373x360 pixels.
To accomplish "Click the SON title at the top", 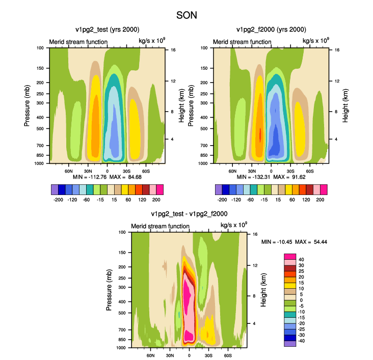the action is (186, 15).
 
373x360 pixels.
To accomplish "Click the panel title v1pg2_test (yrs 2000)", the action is (108, 30).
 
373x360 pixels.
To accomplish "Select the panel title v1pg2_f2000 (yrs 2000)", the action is (271, 30).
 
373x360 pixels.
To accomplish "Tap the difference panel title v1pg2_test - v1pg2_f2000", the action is (189, 214).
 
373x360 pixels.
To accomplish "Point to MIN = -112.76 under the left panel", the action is (90, 177).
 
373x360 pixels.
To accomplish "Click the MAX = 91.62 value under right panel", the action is (289, 177).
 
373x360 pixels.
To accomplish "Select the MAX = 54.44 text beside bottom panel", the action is (311, 242).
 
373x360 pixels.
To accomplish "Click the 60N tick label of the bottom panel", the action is (150, 355).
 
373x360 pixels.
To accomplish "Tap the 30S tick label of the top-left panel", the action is (126, 171).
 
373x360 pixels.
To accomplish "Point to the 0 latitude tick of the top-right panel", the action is (271, 171).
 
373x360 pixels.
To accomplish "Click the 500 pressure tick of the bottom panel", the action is (122, 313).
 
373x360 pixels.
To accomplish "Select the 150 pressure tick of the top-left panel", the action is (40, 68).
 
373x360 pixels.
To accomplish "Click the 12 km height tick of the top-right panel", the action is (337, 81).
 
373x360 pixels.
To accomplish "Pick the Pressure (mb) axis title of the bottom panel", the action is (109, 290).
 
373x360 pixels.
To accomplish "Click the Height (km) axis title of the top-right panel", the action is (345, 106).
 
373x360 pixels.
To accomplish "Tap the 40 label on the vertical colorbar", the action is (301, 259).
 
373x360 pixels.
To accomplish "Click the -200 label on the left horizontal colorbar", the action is (58, 200).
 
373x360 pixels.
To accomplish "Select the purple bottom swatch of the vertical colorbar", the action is (290, 344).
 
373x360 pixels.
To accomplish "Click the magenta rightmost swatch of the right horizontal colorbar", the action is (324, 189).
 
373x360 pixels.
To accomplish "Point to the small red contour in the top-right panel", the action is (260, 135).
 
